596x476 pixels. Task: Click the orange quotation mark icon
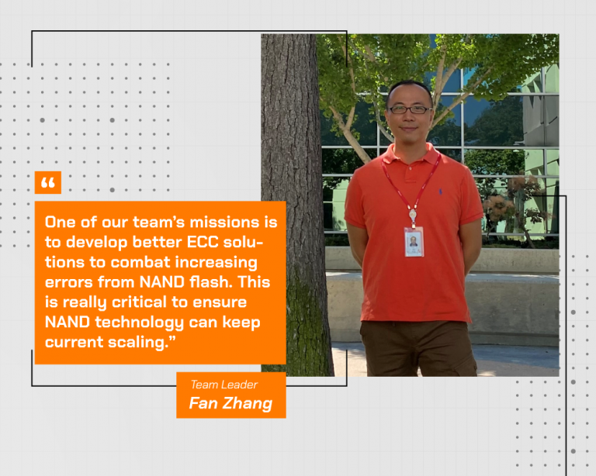pyautogui.click(x=47, y=183)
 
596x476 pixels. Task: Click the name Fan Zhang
pyautogui.click(x=230, y=403)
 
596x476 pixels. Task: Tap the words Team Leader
pyautogui.click(x=224, y=385)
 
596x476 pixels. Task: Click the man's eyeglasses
pyautogui.click(x=409, y=109)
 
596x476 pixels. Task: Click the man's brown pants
pyautogui.click(x=423, y=349)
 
